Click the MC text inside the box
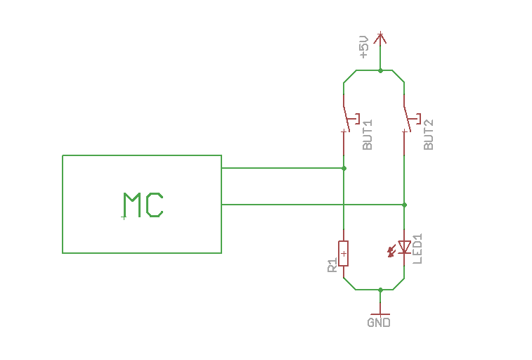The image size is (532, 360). pos(143,205)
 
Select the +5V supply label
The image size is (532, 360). pos(363,46)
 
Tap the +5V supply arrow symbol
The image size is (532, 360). pos(380,38)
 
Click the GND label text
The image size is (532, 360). pos(378,323)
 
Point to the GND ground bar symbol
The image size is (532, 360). pos(380,314)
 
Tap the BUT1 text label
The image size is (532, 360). pos(368,134)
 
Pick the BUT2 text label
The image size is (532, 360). pos(429,134)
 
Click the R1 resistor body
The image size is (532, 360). pos(344,252)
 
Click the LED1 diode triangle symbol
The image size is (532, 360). pos(404,247)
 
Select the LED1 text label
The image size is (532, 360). pos(418,248)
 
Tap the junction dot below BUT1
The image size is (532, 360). pos(344,168)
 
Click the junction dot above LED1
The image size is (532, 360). pos(404,205)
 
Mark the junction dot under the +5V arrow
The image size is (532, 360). pos(380,70)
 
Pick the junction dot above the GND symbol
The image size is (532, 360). pos(380,289)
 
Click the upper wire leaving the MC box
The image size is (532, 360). pos(281,168)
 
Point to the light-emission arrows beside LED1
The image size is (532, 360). pos(391,250)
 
